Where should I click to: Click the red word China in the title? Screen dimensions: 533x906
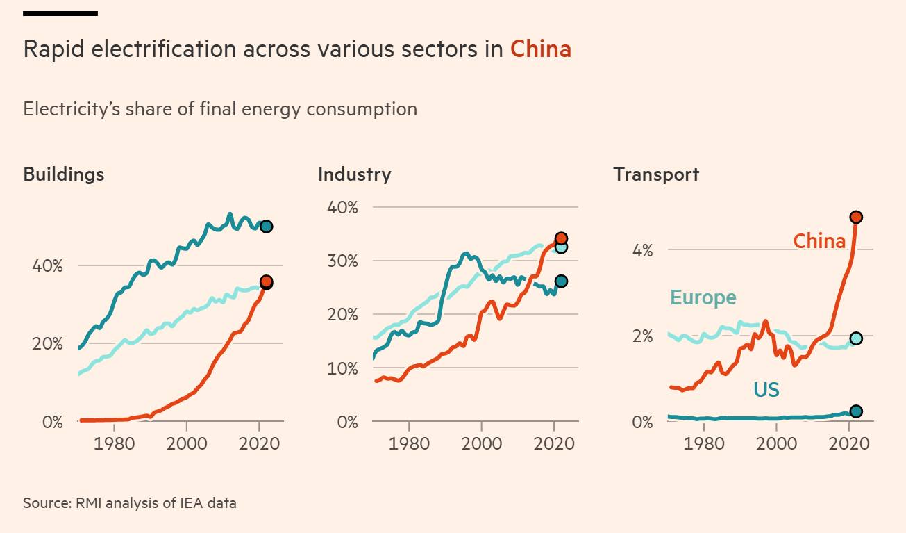[540, 49]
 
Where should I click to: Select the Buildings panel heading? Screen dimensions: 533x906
[64, 174]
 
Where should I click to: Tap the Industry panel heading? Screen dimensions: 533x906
[354, 174]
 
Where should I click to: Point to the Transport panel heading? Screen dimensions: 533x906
[655, 174]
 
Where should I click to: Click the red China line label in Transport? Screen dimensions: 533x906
[819, 241]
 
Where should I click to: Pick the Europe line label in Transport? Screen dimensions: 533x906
[703, 297]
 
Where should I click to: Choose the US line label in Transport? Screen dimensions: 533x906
[766, 390]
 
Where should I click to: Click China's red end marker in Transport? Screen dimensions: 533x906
[856, 217]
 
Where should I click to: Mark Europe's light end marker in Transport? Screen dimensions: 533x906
[856, 338]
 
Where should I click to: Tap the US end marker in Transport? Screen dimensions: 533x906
[856, 411]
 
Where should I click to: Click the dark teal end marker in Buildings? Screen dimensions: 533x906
[266, 227]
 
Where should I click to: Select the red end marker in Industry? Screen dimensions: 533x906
[561, 238]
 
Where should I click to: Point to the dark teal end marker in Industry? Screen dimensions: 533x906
[561, 281]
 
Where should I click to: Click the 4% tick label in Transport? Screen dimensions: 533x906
[642, 250]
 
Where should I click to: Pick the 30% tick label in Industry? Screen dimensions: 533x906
[342, 261]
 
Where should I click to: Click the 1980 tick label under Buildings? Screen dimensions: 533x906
[114, 443]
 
